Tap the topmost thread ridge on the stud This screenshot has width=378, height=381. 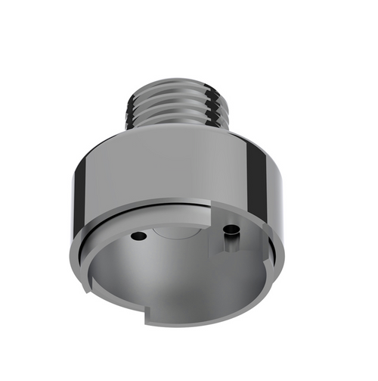coord(180,85)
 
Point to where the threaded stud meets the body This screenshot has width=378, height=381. coord(180,130)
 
